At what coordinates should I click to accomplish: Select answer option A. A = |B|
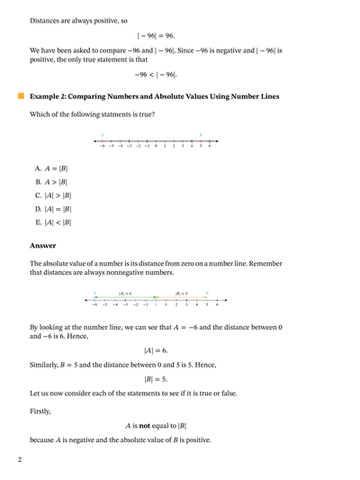[x=52, y=168]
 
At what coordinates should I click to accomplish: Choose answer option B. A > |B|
[x=52, y=181]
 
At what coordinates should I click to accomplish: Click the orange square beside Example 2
[x=19, y=95]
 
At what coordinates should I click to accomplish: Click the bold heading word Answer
[x=42, y=245]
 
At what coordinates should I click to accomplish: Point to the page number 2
[x=19, y=459]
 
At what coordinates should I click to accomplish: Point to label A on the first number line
[x=102, y=135]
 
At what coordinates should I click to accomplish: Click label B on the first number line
[x=200, y=135]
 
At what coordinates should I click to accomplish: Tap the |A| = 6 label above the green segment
[x=125, y=294]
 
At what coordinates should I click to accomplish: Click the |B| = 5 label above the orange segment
[x=181, y=294]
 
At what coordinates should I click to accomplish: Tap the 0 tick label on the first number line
[x=156, y=145]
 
